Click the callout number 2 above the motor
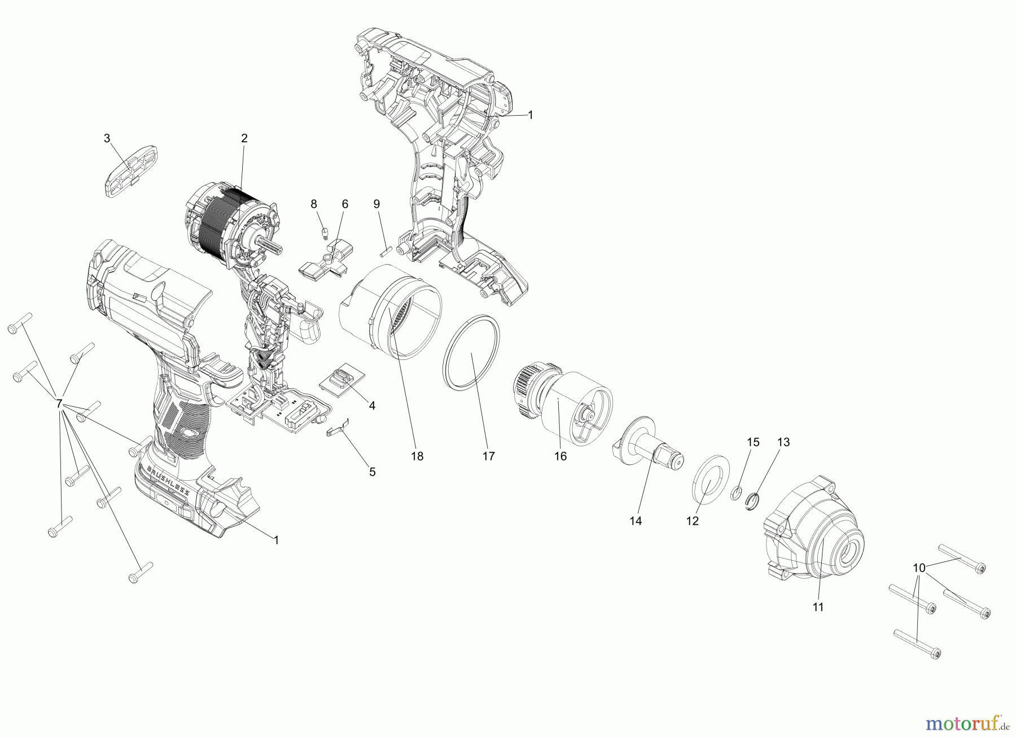click(x=244, y=138)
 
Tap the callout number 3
click(x=107, y=138)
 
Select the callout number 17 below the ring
click(x=488, y=456)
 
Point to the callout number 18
click(x=417, y=456)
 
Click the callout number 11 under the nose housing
click(x=818, y=607)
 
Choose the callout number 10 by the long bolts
click(x=919, y=567)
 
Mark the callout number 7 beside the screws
click(x=58, y=404)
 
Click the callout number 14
click(x=636, y=521)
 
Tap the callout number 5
click(x=372, y=472)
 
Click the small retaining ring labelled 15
click(x=735, y=494)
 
